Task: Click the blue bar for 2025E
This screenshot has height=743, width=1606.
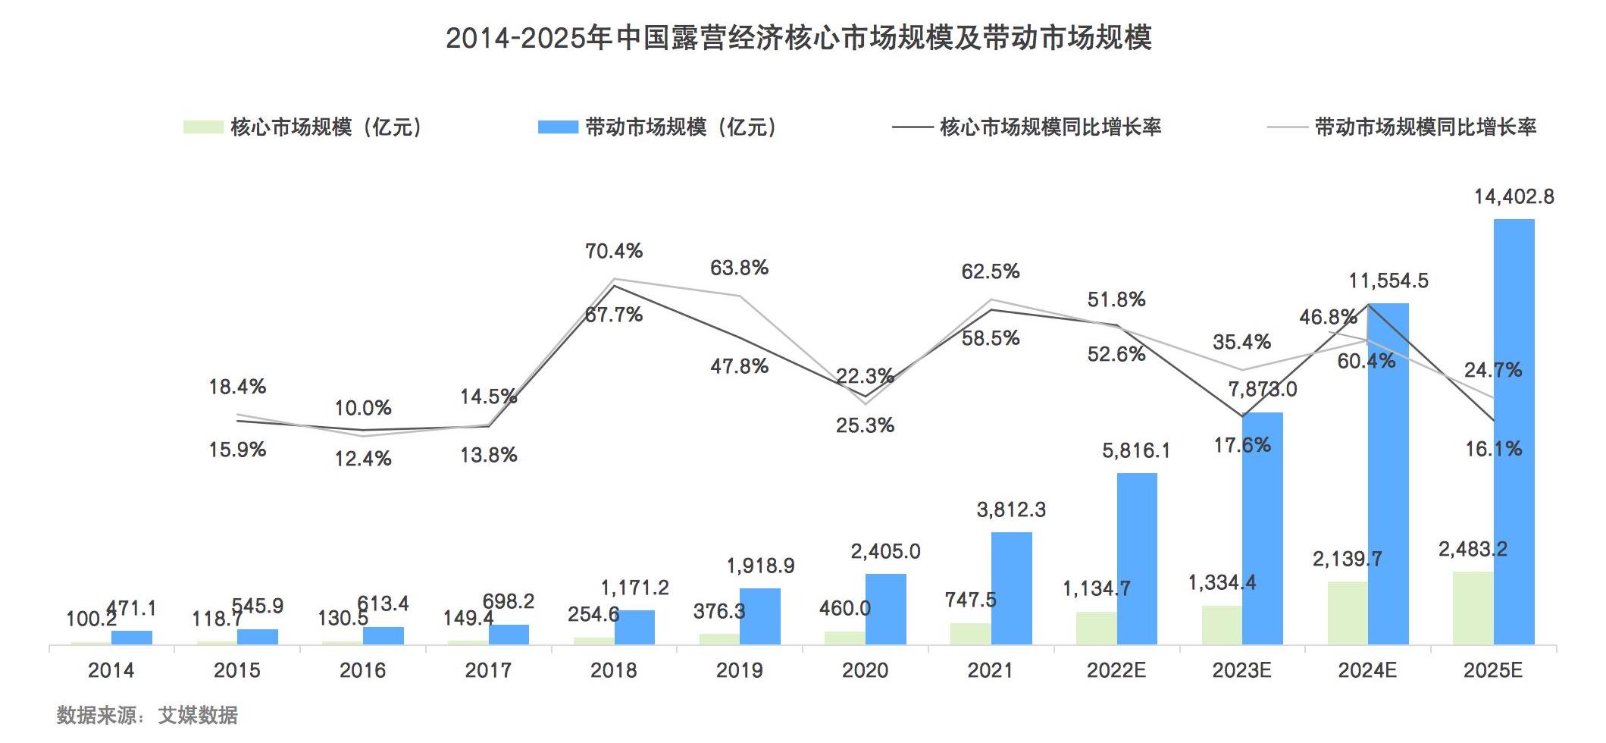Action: (1514, 432)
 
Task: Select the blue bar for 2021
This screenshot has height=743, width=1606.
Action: (1011, 588)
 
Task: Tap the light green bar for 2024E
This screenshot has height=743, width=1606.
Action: (1348, 613)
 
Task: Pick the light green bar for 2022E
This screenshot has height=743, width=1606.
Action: (1096, 628)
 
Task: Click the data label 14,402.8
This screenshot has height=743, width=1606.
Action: (1514, 197)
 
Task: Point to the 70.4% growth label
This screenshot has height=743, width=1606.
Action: (614, 251)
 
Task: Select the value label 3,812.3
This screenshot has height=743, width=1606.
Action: (1011, 509)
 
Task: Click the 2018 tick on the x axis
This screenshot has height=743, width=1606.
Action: (614, 670)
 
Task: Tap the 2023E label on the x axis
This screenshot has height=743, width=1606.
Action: (1241, 670)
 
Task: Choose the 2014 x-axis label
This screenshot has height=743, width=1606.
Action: (111, 670)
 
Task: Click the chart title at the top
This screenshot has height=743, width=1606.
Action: (799, 38)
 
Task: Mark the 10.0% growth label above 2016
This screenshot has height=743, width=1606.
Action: (363, 408)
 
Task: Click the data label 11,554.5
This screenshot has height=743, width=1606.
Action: (1388, 281)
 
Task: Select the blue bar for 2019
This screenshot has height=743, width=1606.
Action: (759, 616)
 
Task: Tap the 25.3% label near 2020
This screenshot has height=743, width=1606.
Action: (865, 425)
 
